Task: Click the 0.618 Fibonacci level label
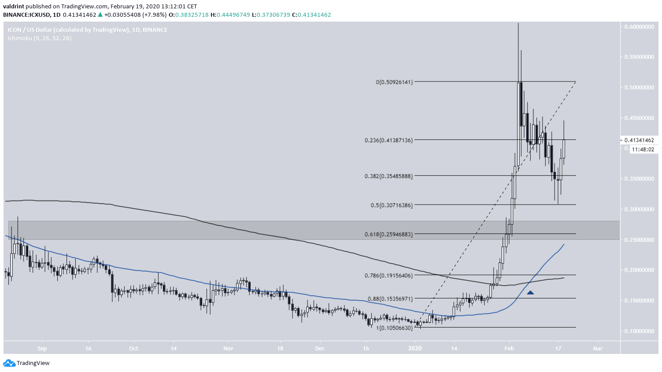[388, 234]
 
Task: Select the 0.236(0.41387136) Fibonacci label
[388, 140]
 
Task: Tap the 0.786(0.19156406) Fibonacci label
[388, 275]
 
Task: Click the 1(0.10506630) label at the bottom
[394, 328]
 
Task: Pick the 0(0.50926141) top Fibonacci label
[394, 82]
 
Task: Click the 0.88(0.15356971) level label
[390, 299]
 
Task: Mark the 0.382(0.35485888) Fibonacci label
[388, 176]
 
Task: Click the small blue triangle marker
[530, 292]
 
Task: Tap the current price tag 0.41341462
[639, 140]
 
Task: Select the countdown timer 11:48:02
[643, 149]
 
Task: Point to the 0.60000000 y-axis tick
[639, 26]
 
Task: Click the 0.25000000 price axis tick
[639, 240]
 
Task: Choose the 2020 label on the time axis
[415, 348]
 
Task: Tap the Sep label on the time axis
[42, 348]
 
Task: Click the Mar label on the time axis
[598, 348]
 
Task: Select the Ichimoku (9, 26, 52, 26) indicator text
[39, 38]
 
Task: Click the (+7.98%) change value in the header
[154, 15]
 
